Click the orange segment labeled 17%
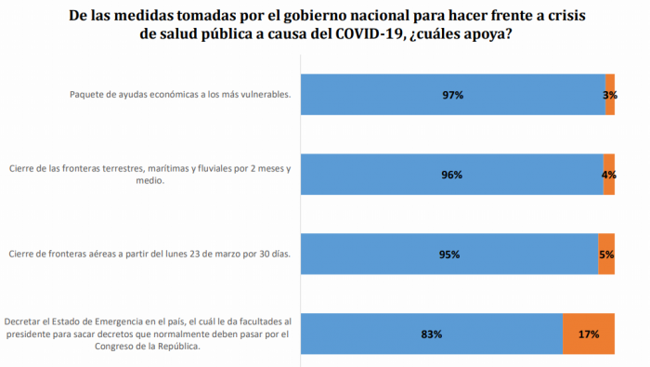[589, 334]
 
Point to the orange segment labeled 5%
[606, 254]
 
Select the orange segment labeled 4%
[608, 175]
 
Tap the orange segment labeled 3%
[610, 95]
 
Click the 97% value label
[452, 95]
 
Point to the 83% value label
[431, 334]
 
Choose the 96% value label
[452, 175]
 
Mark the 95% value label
[449, 254]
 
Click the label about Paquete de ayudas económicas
[181, 95]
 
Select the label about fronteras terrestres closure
[149, 175]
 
